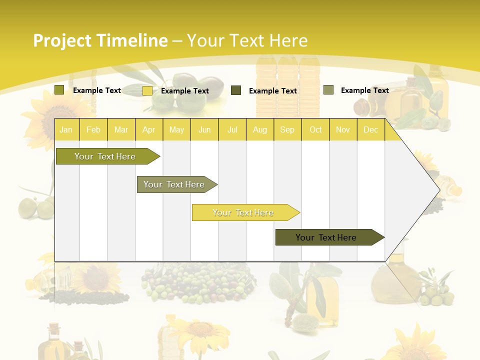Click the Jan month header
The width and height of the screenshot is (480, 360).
pos(66,130)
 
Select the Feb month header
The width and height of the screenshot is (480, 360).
pos(93,130)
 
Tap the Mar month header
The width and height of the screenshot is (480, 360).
pos(121,130)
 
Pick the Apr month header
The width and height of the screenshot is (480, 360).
pos(148,130)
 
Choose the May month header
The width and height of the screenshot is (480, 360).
pos(176,130)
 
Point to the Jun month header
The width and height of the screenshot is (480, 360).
pos(204,130)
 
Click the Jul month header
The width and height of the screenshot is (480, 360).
pos(232,130)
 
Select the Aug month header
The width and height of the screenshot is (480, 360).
pos(259,130)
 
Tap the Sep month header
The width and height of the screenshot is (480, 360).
pos(287,130)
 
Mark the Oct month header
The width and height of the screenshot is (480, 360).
pos(315,130)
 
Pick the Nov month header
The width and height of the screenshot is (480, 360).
pos(343,130)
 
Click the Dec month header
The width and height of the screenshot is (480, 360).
pos(370,130)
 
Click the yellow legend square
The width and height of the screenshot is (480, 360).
pos(147,90)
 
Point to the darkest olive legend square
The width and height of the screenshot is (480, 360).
pos(236,90)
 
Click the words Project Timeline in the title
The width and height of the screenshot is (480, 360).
pos(100,40)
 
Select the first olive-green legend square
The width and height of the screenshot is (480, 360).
pos(59,90)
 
